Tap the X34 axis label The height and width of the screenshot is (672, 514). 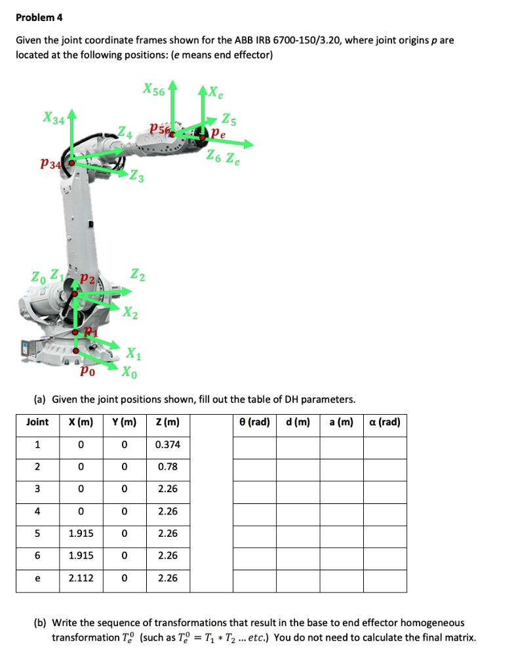click(x=54, y=119)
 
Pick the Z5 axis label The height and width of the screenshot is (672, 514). click(x=230, y=120)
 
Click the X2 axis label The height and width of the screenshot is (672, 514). click(x=130, y=313)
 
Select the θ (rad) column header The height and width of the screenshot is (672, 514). click(x=254, y=422)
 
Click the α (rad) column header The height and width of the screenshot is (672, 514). click(x=385, y=422)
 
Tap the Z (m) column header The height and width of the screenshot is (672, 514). click(x=168, y=422)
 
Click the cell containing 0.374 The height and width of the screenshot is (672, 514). click(x=168, y=444)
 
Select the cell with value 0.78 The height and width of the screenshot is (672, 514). click(x=168, y=467)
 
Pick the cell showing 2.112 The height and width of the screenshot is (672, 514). click(x=81, y=578)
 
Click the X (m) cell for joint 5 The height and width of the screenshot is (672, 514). click(x=81, y=534)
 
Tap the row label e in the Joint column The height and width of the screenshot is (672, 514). click(x=37, y=578)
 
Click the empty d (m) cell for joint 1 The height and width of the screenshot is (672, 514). click(x=298, y=444)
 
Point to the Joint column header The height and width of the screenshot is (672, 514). click(x=37, y=422)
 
